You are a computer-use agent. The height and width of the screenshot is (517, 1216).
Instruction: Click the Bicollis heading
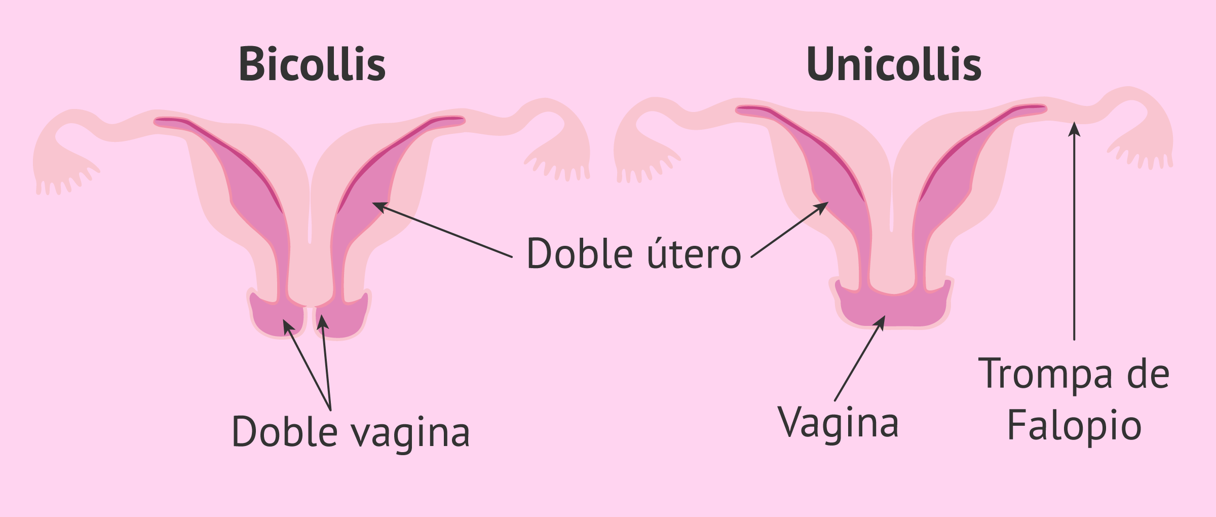click(312, 64)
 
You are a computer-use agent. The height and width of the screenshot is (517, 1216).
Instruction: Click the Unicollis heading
click(894, 64)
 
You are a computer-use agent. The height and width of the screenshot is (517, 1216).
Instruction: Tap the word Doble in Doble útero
click(580, 253)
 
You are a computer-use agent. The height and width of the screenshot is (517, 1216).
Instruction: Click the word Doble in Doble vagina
click(284, 431)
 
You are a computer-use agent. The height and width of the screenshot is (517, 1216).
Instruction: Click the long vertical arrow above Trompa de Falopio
click(1074, 231)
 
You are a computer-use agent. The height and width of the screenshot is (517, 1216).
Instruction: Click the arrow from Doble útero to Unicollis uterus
click(789, 230)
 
